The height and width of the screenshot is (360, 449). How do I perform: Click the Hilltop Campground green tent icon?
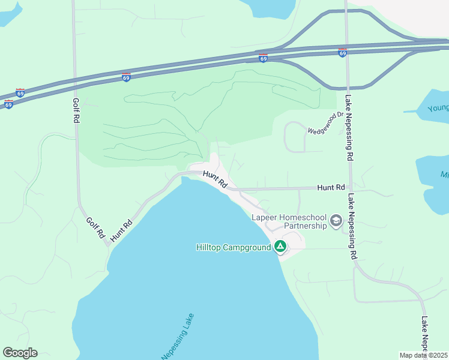click(280, 246)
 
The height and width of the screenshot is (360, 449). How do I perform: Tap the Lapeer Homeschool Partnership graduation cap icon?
click(336, 221)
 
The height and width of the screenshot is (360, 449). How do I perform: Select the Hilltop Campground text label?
click(234, 247)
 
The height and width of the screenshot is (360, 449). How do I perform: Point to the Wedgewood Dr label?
click(325, 122)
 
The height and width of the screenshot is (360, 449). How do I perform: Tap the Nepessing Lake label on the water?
click(178, 338)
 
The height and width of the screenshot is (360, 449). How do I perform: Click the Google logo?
click(20, 353)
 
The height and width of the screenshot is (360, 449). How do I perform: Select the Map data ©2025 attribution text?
click(423, 355)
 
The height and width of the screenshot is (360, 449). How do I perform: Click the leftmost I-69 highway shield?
click(8, 104)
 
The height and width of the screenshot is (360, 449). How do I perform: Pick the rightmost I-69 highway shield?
click(342, 53)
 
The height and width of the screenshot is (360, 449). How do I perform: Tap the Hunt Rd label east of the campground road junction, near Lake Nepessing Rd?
click(331, 188)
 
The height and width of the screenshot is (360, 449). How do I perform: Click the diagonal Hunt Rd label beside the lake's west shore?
click(121, 231)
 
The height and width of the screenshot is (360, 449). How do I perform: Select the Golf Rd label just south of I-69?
click(76, 110)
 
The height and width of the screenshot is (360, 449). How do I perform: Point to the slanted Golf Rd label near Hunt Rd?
click(95, 228)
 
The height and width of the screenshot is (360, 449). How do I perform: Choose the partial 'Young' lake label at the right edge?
click(438, 108)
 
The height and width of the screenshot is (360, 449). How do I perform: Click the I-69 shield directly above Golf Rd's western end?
click(20, 93)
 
